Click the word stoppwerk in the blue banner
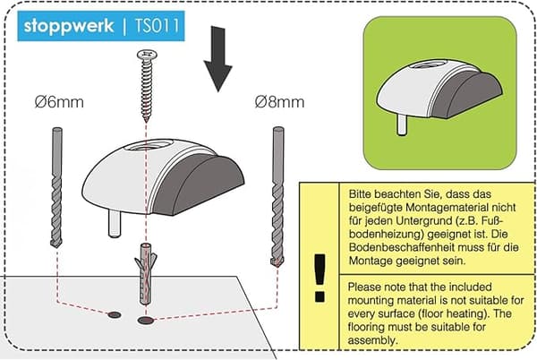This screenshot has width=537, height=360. click(x=69, y=26)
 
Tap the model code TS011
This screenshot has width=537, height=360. click(x=157, y=26)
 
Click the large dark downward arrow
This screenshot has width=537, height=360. click(x=217, y=58)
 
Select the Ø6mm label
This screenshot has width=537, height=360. click(x=59, y=102)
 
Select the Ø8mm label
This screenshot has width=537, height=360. click(x=279, y=102)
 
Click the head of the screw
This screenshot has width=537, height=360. click(x=147, y=54)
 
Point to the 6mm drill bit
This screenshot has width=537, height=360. click(x=56, y=187)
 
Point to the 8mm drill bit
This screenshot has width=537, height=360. click(x=277, y=197)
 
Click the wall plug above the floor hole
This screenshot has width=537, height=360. click(x=146, y=274)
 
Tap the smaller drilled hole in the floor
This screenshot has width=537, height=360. click(x=115, y=315)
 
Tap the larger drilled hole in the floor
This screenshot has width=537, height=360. click(x=146, y=321)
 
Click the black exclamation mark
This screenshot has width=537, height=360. click(x=320, y=278)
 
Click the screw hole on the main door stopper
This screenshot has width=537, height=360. click(x=149, y=145)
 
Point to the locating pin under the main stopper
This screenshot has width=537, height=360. click(x=115, y=223)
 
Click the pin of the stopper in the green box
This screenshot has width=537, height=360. click(x=402, y=124)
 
